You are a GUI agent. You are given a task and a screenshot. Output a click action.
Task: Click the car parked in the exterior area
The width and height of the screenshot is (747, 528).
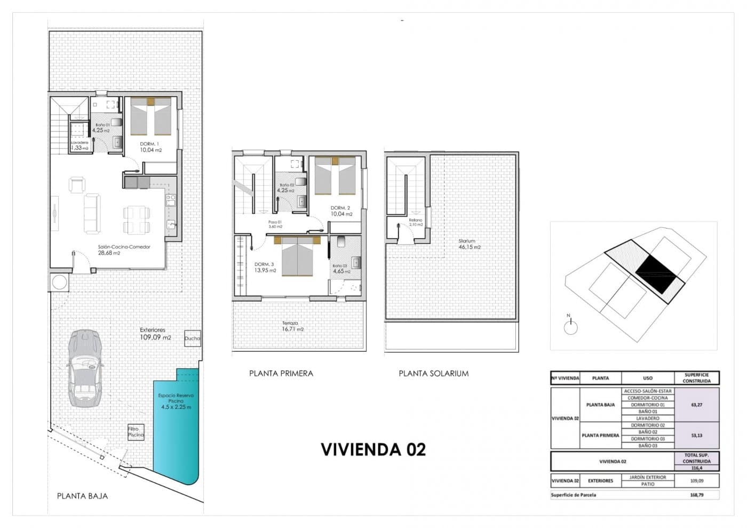pos(84,368)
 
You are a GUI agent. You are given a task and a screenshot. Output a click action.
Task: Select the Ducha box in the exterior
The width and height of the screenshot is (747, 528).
pos(192,338)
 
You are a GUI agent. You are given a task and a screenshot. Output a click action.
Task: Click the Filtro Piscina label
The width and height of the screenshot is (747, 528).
pos(136,431)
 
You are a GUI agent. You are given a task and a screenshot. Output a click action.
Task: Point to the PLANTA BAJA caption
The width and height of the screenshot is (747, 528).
pos(82,496)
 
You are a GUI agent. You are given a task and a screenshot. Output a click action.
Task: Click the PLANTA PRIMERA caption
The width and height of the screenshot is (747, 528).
pos(281,373)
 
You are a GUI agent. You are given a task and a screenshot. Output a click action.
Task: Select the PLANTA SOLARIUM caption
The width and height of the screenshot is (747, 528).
pos(433,373)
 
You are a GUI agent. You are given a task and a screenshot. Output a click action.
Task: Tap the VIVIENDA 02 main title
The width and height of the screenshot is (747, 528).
pos(373,450)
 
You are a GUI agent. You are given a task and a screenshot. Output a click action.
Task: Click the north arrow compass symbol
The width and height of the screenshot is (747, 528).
pos(570,326)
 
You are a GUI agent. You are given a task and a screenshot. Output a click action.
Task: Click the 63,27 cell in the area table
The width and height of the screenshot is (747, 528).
pos(696,405)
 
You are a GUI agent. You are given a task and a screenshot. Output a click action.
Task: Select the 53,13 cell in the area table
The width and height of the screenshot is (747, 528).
pos(696,435)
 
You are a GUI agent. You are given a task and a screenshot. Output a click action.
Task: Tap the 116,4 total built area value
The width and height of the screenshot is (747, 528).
pos(696,468)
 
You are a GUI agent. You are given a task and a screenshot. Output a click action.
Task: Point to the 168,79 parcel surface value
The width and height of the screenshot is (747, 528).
pos(696,495)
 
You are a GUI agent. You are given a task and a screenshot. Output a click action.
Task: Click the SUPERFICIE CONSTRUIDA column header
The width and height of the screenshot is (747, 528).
pos(696,378)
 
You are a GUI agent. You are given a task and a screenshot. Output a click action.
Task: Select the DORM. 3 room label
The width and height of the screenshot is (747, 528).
pos(265,267)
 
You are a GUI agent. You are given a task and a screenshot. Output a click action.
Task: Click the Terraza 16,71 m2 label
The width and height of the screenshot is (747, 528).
pos(292,326)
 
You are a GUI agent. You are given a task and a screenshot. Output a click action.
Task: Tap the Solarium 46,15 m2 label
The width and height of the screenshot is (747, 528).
pos(469,244)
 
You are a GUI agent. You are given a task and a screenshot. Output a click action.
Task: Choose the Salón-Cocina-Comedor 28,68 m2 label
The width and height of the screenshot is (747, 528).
pos(124,250)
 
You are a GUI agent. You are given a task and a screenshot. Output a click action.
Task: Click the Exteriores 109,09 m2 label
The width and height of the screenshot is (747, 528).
pos(155,334)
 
